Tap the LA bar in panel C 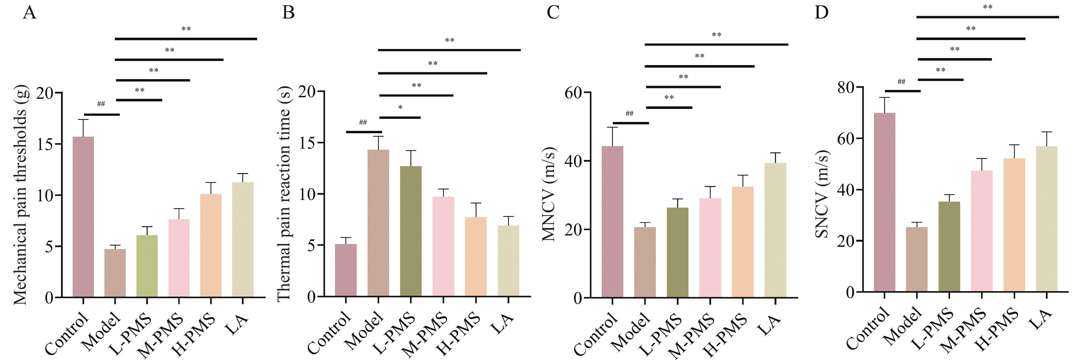pyautogui.click(x=775, y=230)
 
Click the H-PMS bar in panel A pyautogui.click(x=211, y=245)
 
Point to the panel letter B pyautogui.click(x=288, y=13)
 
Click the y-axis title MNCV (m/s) pyautogui.click(x=549, y=195)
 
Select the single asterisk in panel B pyautogui.click(x=400, y=108)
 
